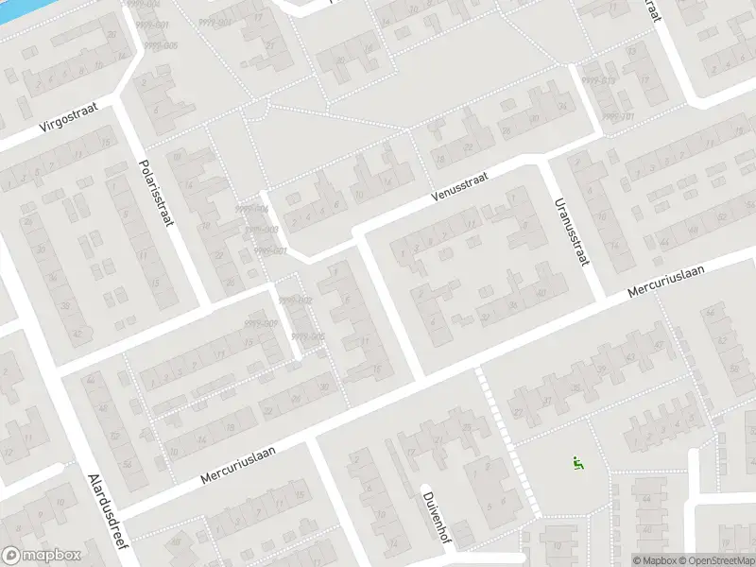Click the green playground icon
click(x=576, y=463)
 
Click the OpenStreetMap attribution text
click(x=716, y=560)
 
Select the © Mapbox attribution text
click(x=655, y=560)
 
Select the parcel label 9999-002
click(x=295, y=301)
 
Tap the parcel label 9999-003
click(x=260, y=230)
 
